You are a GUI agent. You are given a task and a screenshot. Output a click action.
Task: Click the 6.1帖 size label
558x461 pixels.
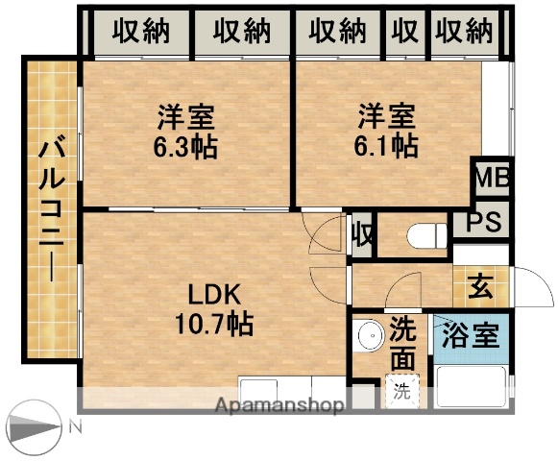388,147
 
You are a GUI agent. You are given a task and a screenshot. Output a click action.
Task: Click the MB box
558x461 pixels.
491,179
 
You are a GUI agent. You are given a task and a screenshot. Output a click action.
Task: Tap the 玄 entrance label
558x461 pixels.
480,286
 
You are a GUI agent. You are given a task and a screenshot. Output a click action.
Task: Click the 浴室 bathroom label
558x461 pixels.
470,336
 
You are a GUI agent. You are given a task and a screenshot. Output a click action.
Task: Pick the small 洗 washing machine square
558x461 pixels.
403,392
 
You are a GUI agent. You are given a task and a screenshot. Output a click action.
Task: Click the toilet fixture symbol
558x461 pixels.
423,234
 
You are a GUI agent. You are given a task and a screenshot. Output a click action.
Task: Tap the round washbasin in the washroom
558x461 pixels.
366,338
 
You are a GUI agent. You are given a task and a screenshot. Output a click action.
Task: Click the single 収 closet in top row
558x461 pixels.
405,32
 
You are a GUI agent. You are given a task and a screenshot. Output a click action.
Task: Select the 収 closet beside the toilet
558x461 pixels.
362,233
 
